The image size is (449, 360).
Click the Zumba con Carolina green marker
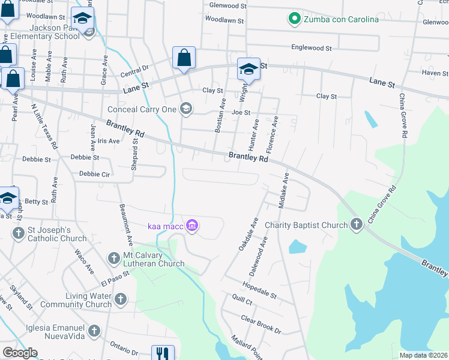294,19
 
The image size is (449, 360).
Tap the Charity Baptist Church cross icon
357,225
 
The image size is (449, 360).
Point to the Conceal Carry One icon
185,109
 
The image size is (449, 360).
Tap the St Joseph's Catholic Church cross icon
18,232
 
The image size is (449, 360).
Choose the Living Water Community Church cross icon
121,298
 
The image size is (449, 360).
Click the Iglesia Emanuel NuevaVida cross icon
94,330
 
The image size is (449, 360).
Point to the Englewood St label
312,47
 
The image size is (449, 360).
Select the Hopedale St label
259,290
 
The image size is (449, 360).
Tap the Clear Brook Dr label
261,323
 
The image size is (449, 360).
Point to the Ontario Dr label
124,347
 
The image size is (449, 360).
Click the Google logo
20,353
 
